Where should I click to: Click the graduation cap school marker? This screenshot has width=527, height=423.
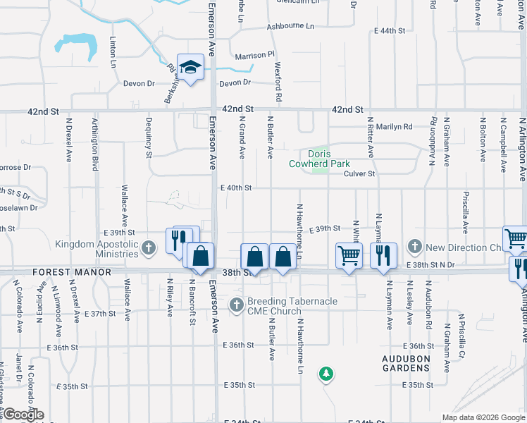tap(190, 68)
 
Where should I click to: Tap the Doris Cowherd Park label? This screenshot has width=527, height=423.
tap(320, 159)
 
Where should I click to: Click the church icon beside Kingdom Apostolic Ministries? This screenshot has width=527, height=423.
tap(148, 247)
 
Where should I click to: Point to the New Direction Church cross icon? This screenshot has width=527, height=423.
tap(415, 247)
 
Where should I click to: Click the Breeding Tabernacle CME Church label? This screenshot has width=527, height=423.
tap(292, 306)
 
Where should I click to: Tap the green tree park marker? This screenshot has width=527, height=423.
tap(325, 373)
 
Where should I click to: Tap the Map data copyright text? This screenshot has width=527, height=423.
tap(483, 417)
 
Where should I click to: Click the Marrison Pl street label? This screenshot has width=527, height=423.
tap(254, 55)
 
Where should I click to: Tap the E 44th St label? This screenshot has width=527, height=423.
tap(390, 31)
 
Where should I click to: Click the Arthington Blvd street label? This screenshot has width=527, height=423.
tap(94, 145)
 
